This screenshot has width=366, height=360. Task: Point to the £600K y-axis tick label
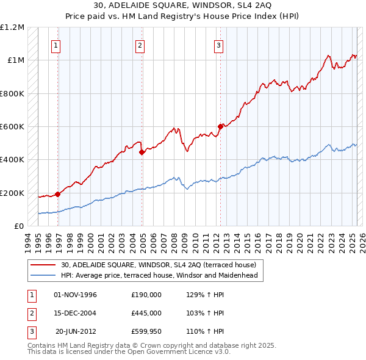click(x=12, y=127)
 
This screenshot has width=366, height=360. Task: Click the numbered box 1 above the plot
click(x=56, y=45)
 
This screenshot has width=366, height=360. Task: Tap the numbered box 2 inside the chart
click(x=140, y=45)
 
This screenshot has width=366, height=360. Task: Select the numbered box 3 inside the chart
click(x=218, y=45)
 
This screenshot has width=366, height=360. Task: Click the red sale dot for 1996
click(x=58, y=195)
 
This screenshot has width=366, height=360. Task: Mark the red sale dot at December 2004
click(x=142, y=153)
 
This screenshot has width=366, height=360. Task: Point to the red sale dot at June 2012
click(x=220, y=127)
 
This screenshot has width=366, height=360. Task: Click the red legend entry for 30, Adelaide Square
click(x=162, y=264)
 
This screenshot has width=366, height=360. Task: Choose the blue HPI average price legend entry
click(x=159, y=275)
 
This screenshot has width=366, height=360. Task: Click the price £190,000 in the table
click(x=146, y=295)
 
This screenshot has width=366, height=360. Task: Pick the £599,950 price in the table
click(x=146, y=331)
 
